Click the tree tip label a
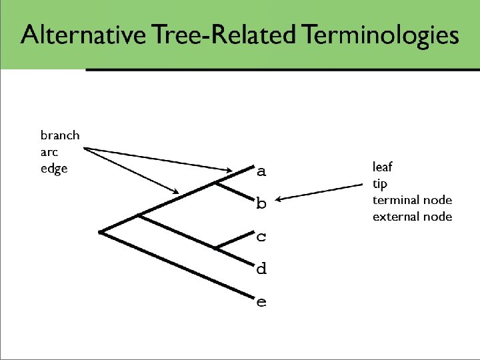pos(261,172)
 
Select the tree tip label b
pos(261,203)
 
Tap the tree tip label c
pos(261,236)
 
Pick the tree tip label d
pos(261,269)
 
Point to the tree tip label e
pos(261,303)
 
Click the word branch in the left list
pos(60,135)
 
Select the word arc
pos(49,152)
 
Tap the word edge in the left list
pos(54,169)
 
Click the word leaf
pos(383,167)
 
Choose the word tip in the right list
pos(380,183)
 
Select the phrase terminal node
pos(412,200)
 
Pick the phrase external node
pos(412,217)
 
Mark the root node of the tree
pos(99,232)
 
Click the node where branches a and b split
pos(215,182)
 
